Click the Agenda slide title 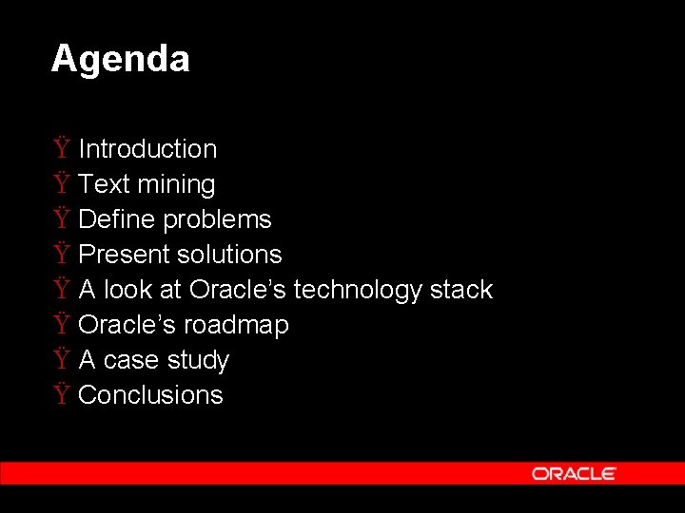point(120,59)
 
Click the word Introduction point(147,149)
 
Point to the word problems point(217,219)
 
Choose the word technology point(358,290)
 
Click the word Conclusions point(150,395)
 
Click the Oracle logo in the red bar point(574,473)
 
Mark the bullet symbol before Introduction point(61,149)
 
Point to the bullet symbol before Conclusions point(61,395)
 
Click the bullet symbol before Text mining point(61,184)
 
